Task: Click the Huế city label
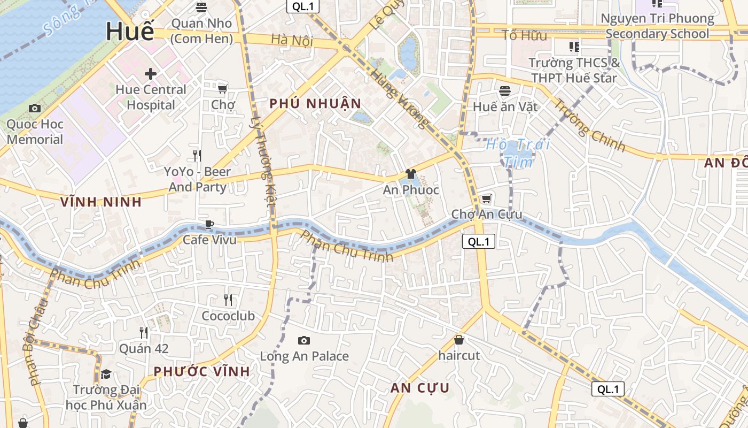pyautogui.click(x=130, y=31)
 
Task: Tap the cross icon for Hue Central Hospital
pyautogui.click(x=151, y=73)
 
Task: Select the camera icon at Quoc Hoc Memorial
pyautogui.click(x=35, y=109)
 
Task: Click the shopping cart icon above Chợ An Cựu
pyautogui.click(x=486, y=199)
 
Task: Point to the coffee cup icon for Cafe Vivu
pyautogui.click(x=209, y=224)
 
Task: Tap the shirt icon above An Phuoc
pyautogui.click(x=410, y=173)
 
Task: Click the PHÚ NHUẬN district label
pyautogui.click(x=315, y=104)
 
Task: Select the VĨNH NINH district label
pyautogui.click(x=101, y=202)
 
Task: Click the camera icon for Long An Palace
pyautogui.click(x=303, y=340)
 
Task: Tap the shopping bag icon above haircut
pyautogui.click(x=458, y=340)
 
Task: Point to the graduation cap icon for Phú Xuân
pyautogui.click(x=106, y=373)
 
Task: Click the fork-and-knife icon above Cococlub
pyautogui.click(x=228, y=300)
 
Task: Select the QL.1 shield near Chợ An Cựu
pyautogui.click(x=478, y=241)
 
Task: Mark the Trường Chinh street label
pyautogui.click(x=589, y=125)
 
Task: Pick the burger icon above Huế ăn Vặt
pyautogui.click(x=505, y=91)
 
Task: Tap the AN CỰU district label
pyautogui.click(x=419, y=388)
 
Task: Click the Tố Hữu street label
pyautogui.click(x=525, y=36)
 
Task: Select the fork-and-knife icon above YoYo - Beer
pyautogui.click(x=197, y=156)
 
